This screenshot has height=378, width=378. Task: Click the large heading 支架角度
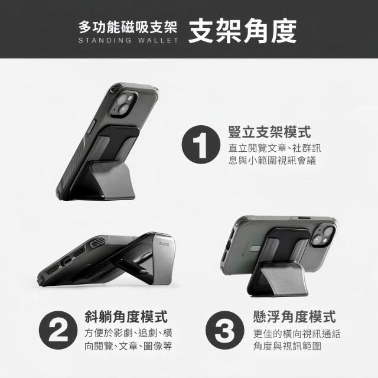[x=242, y=31]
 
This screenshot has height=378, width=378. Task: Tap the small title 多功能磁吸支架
[x=128, y=27]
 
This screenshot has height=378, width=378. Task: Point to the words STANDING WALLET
[x=128, y=40]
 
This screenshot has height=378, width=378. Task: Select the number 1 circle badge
[x=201, y=144]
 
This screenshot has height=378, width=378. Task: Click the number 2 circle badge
[x=58, y=330]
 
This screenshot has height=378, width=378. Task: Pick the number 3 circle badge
[x=225, y=330]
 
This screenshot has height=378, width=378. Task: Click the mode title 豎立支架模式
[x=270, y=132]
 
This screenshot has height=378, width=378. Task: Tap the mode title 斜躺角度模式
[x=126, y=317]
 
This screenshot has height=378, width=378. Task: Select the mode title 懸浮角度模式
[x=295, y=317]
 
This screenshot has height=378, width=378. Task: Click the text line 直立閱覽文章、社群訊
[x=275, y=148]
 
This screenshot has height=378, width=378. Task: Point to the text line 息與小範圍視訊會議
[x=272, y=160]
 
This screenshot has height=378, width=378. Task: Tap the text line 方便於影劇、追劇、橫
[x=128, y=333]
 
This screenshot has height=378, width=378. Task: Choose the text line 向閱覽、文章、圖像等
[x=128, y=346]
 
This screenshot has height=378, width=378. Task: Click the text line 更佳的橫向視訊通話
[x=297, y=334]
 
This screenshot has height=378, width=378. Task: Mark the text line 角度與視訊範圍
[x=287, y=346]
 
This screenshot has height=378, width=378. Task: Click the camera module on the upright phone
[x=124, y=105]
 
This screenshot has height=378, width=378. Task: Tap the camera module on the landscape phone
[x=323, y=236]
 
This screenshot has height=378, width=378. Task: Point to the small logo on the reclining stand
[x=164, y=244]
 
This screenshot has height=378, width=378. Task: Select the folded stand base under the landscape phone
[x=277, y=279]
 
